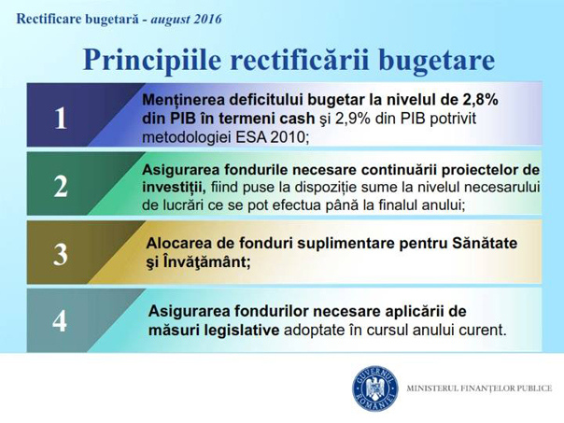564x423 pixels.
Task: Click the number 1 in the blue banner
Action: click(x=61, y=118)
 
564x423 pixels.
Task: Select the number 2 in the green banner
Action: click(x=61, y=187)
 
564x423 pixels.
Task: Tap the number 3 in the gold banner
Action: click(x=61, y=254)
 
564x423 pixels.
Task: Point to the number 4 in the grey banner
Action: click(x=60, y=321)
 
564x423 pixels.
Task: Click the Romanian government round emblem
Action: click(x=374, y=388)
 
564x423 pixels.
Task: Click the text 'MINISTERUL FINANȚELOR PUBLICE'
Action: click(x=479, y=388)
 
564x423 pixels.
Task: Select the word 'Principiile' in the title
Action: click(x=152, y=60)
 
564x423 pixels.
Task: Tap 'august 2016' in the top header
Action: click(x=186, y=19)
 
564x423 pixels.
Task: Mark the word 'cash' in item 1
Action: click(x=298, y=119)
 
